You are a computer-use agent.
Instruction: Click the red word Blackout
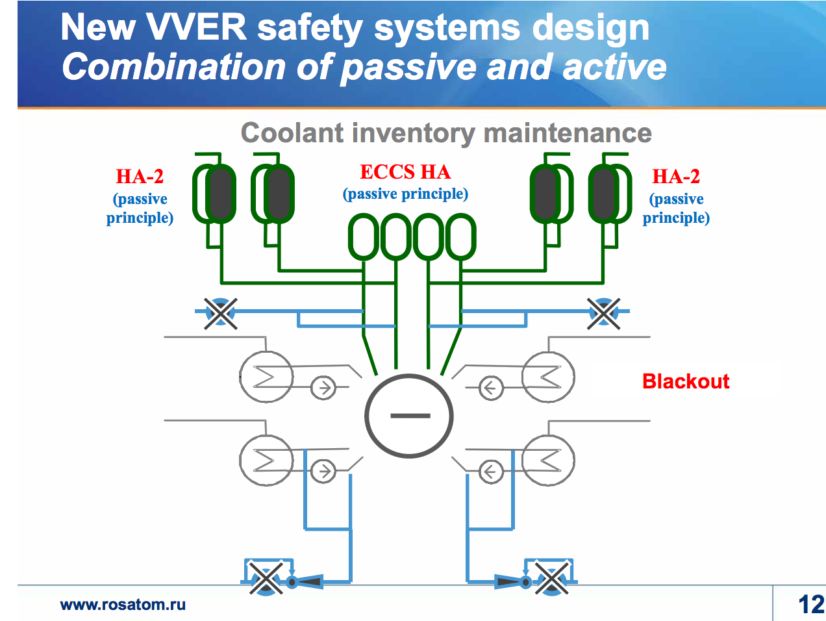click(x=685, y=381)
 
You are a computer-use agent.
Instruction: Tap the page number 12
click(x=811, y=604)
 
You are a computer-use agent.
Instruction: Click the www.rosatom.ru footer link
click(x=123, y=605)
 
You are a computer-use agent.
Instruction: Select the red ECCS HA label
click(x=405, y=172)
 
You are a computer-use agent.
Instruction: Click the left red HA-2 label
click(x=140, y=177)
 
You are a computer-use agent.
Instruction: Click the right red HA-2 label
click(x=676, y=177)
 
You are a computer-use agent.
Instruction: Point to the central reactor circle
click(x=409, y=416)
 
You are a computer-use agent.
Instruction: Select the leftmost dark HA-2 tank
click(x=221, y=194)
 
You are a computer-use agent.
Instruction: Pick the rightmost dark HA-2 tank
click(x=603, y=194)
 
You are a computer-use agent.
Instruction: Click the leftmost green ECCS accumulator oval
click(x=364, y=237)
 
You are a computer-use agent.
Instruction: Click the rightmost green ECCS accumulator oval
click(x=461, y=237)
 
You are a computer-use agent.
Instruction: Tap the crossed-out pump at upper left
click(x=221, y=313)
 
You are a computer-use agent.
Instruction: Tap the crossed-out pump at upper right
click(x=603, y=313)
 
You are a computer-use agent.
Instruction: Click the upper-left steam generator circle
click(x=266, y=377)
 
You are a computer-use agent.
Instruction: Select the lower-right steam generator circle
click(x=548, y=460)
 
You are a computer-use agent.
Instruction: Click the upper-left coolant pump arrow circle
click(x=323, y=388)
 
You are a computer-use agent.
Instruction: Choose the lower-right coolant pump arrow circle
click(x=491, y=472)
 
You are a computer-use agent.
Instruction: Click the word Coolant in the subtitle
click(x=292, y=133)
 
